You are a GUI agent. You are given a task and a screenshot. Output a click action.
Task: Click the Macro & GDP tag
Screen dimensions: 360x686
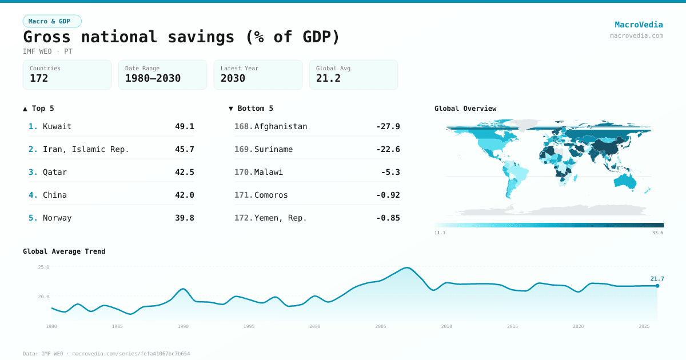point(52,21)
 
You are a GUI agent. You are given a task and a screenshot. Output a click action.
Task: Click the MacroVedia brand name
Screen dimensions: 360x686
point(639,25)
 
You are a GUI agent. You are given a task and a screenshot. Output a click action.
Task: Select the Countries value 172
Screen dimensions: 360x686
point(39,78)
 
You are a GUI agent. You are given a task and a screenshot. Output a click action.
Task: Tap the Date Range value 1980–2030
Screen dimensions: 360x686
point(153,78)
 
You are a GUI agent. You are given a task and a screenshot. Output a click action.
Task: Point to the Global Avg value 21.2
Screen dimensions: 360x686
point(328,78)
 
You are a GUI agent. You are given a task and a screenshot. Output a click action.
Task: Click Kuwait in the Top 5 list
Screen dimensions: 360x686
point(57,126)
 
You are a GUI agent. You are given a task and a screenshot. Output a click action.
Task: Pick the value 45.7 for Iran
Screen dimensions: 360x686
point(184,149)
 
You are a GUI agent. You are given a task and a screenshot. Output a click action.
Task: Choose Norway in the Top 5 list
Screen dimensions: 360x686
point(57,218)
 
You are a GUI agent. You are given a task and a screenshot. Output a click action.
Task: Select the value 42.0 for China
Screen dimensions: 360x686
point(184,195)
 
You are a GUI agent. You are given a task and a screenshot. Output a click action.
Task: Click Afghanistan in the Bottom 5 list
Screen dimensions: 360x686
point(281,126)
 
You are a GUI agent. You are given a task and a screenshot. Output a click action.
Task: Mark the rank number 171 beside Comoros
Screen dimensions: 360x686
point(243,195)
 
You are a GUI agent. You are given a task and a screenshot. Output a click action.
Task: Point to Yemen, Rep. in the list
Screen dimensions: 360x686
point(281,218)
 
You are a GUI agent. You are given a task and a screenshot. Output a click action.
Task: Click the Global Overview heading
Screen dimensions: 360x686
point(465,109)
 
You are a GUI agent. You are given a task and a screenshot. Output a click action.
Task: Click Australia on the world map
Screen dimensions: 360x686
point(625,181)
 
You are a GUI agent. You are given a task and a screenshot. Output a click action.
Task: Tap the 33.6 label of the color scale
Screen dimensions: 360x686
point(657,233)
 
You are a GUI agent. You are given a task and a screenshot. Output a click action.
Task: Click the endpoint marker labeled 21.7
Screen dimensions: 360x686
point(657,286)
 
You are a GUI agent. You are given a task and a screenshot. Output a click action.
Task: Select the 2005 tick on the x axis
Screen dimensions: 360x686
point(381,326)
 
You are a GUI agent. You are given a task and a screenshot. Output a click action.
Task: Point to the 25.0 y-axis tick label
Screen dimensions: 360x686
point(43,267)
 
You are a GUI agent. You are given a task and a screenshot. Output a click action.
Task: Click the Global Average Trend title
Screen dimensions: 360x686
point(64,251)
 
